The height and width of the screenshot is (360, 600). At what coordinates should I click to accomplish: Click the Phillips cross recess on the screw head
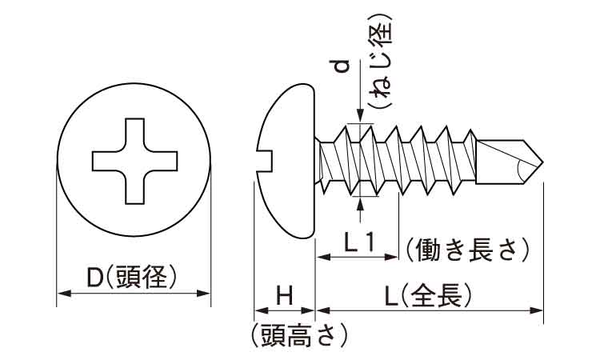(x=134, y=160)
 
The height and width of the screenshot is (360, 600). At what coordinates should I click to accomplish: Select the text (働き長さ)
(x=467, y=250)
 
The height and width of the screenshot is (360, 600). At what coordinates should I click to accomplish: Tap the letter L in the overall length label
(x=390, y=296)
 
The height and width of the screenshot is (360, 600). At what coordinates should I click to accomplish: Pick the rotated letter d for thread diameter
(x=342, y=69)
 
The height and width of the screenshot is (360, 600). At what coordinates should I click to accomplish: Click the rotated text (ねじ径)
(x=382, y=60)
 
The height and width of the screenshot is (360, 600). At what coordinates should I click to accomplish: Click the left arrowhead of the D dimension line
(x=61, y=294)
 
